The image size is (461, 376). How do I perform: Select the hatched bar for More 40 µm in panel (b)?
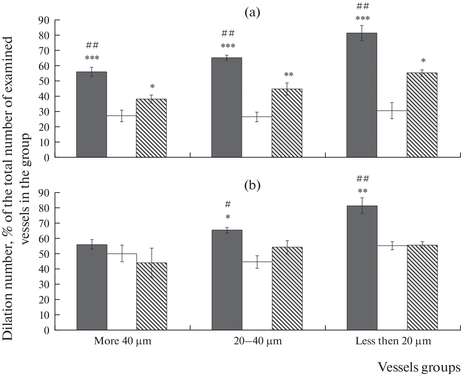click(x=152, y=296)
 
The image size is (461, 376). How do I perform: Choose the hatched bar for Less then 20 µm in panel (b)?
click(x=422, y=287)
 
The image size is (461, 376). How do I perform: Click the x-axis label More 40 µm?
click(x=122, y=341)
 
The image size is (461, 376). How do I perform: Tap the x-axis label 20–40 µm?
click(x=258, y=341)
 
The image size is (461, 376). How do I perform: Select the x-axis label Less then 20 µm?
click(x=393, y=341)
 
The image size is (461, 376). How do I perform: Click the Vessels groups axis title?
click(x=419, y=367)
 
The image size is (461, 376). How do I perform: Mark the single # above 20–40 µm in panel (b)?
click(x=228, y=204)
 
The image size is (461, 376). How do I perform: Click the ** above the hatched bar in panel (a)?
click(x=289, y=75)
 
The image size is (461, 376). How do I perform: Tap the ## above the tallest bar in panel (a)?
click(x=362, y=6)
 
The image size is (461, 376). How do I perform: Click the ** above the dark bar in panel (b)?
click(x=362, y=191)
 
